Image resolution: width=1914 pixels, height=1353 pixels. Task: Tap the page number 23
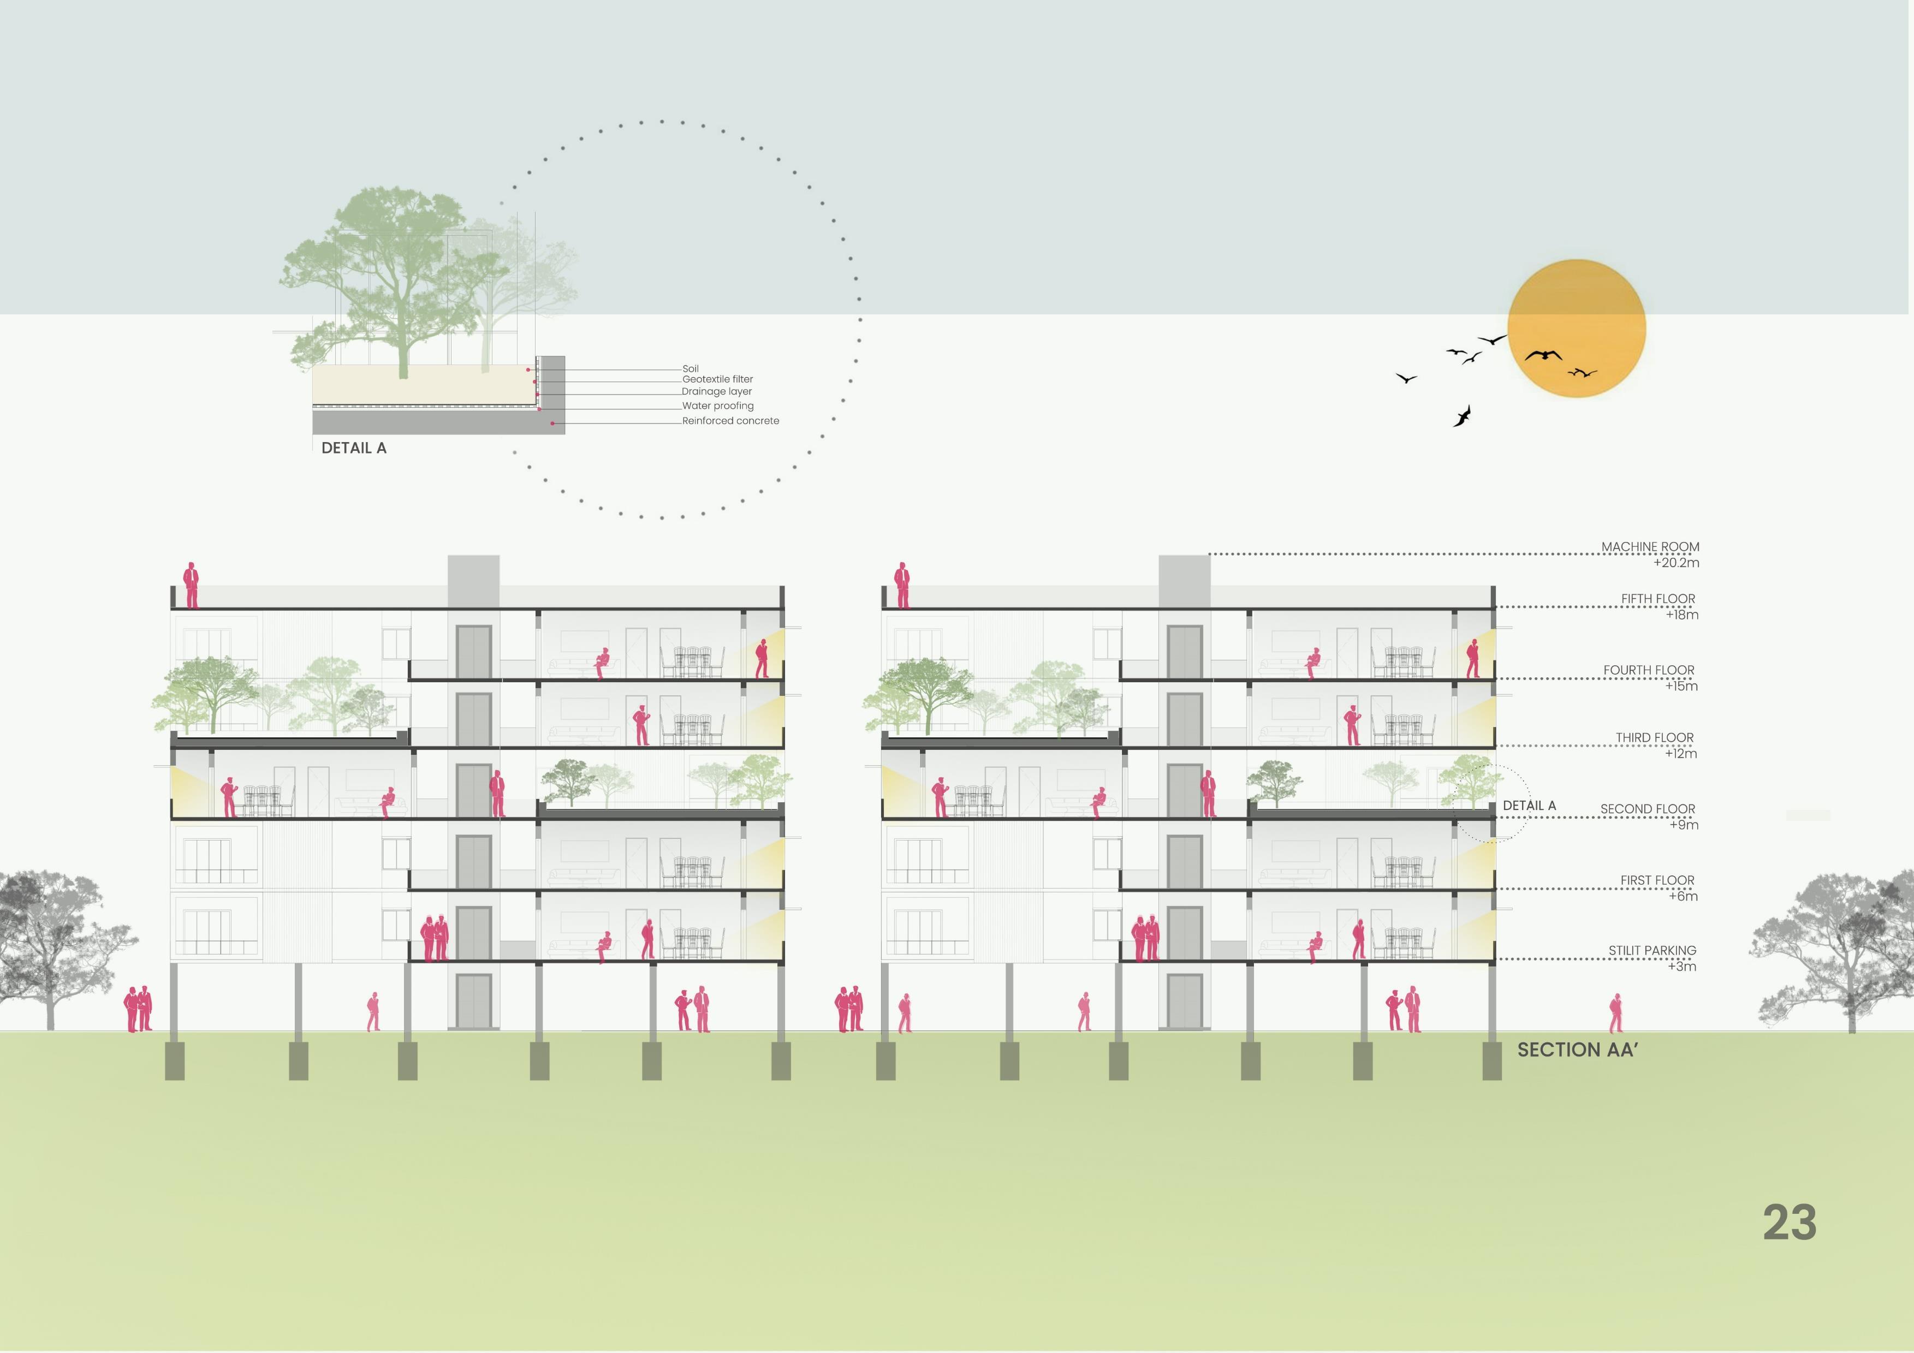(x=1789, y=1223)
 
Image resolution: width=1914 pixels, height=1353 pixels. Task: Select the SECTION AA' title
(x=1577, y=1050)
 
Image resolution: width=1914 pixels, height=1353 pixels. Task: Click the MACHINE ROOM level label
(x=1650, y=547)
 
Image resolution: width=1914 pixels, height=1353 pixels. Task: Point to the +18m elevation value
(x=1681, y=615)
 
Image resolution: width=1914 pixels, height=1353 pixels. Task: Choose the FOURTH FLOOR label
(x=1648, y=670)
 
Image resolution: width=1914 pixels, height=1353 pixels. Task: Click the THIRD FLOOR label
(x=1654, y=738)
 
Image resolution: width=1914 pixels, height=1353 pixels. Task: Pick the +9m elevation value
(x=1683, y=825)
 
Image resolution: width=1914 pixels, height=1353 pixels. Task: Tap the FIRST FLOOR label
(x=1656, y=880)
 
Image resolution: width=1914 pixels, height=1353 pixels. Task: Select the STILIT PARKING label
(x=1651, y=950)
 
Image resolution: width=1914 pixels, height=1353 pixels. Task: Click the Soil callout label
(x=690, y=368)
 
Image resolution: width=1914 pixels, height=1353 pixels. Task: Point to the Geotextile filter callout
(x=717, y=379)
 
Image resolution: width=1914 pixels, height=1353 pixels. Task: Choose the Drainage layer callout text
(x=716, y=392)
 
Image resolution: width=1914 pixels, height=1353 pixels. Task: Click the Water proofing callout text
(x=717, y=406)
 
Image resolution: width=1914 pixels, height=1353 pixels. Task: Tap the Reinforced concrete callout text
(x=730, y=421)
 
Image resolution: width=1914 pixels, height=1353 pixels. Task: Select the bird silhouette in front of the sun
(x=1543, y=355)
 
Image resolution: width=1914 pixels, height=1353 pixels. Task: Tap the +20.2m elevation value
(x=1675, y=563)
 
